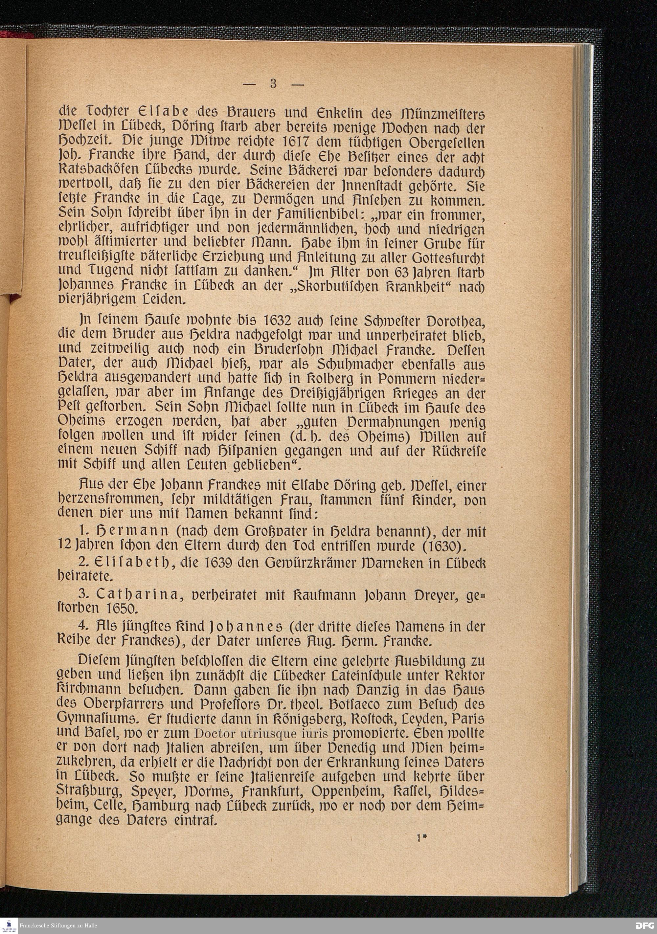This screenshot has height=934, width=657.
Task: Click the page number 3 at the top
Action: [273, 84]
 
